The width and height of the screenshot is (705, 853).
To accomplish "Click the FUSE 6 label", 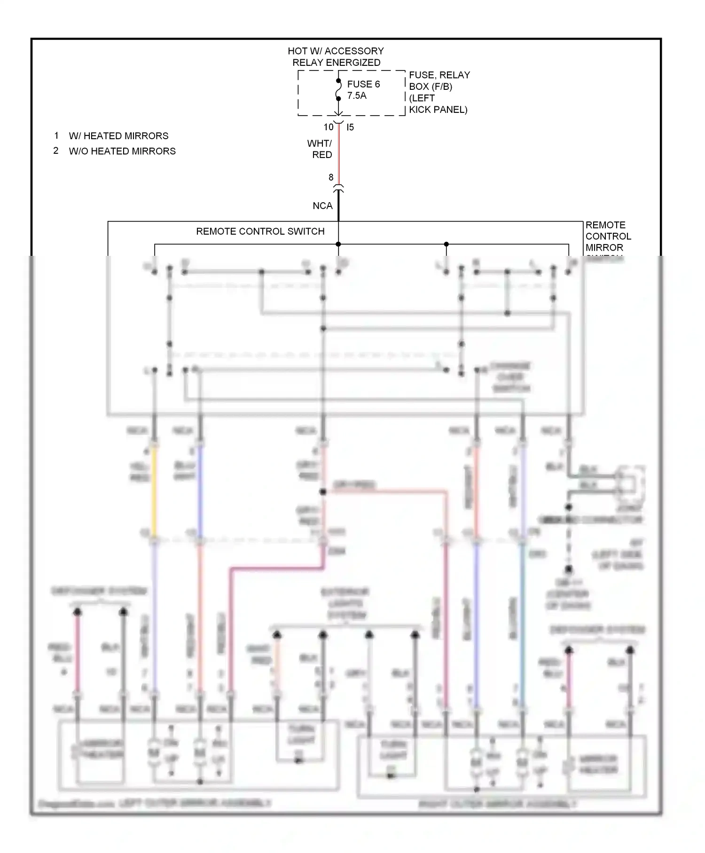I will [x=363, y=84].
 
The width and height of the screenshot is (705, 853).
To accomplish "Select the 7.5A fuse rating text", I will [x=356, y=95].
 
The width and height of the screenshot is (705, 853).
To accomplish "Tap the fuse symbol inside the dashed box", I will [x=338, y=90].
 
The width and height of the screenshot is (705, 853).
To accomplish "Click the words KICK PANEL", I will [x=438, y=110].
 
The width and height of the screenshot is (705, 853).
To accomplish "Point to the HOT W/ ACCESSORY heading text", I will [x=336, y=51].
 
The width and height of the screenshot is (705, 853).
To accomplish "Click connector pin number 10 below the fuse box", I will [x=328, y=127].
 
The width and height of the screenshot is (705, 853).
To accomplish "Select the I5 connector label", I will [x=350, y=127].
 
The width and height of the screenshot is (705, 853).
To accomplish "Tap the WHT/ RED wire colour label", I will [x=321, y=149].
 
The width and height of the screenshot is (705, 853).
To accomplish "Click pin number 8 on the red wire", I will [x=331, y=177].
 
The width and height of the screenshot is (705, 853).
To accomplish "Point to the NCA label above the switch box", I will [x=322, y=205].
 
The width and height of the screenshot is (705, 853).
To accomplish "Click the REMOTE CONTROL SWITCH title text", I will [x=260, y=231].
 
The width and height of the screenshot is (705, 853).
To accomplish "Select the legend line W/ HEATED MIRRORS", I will [x=118, y=136].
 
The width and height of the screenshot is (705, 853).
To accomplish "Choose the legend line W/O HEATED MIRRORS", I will [x=122, y=151].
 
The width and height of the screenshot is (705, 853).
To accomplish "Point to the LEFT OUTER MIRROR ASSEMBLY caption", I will [x=195, y=803].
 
